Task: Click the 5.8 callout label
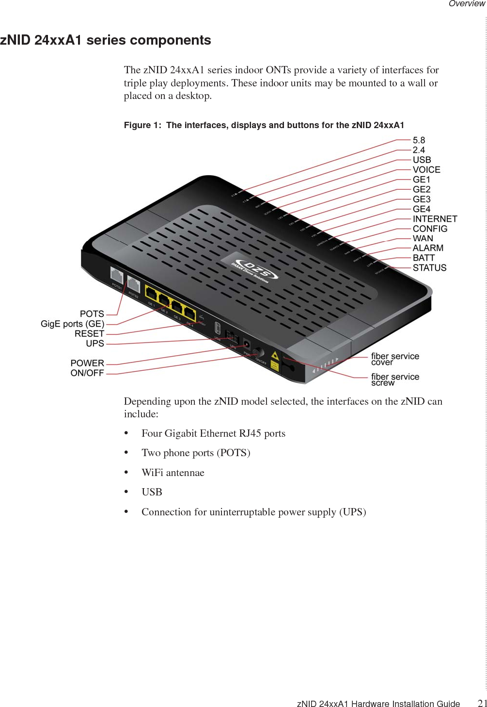tap(419, 140)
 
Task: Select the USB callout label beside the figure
tap(422, 160)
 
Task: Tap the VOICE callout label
tap(426, 170)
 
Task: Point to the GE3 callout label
tap(422, 199)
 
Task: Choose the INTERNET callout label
tap(435, 219)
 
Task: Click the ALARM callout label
tap(428, 248)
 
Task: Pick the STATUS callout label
tap(429, 268)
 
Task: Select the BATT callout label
tap(424, 258)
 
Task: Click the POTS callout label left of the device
tap(92, 314)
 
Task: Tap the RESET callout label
tap(89, 334)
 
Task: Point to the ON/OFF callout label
tap(87, 373)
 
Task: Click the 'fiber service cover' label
tap(395, 359)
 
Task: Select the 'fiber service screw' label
tap(395, 379)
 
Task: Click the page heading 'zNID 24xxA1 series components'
tap(106, 40)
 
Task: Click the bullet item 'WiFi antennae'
tap(173, 473)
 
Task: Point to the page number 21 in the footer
tap(482, 703)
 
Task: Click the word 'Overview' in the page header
tap(466, 4)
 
